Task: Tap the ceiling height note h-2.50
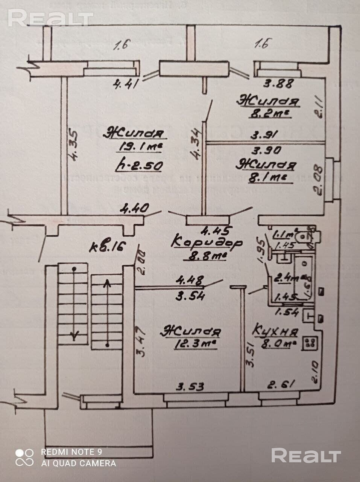click(139, 165)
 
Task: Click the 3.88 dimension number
click(278, 83)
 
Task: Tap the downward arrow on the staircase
click(74, 334)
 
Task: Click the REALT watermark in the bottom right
click(306, 456)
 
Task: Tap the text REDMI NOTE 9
click(71, 451)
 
